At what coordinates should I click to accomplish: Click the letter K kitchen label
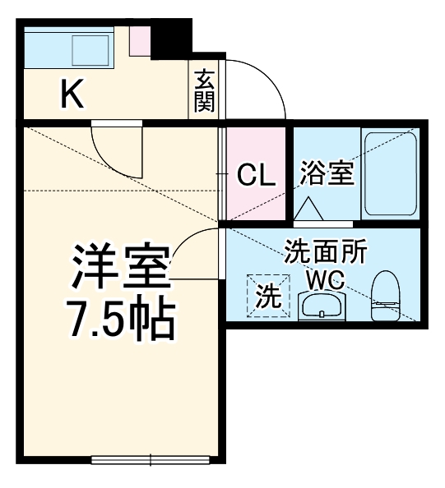click(71, 96)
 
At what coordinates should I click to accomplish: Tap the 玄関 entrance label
click(204, 90)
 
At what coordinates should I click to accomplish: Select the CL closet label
click(255, 175)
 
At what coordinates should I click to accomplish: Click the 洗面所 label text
click(326, 251)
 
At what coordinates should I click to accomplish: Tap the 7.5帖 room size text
click(120, 319)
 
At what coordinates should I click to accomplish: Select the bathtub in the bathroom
click(390, 173)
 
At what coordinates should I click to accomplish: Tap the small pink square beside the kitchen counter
click(140, 39)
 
